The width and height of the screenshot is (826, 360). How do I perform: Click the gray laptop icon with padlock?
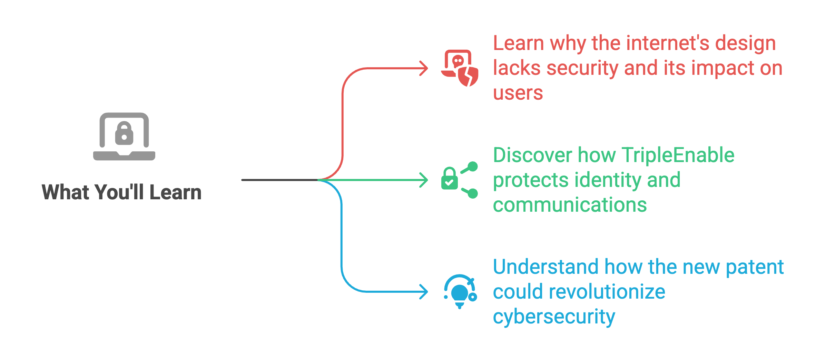[124, 137]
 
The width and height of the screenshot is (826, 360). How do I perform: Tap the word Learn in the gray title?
[176, 192]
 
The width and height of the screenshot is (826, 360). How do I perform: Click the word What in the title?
[66, 192]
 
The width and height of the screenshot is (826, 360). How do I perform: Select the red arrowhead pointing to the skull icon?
[424, 68]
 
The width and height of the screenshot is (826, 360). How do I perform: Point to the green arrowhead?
[424, 180]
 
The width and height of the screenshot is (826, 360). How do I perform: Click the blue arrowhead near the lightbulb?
[424, 292]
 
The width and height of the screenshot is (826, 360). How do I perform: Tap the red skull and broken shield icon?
[460, 68]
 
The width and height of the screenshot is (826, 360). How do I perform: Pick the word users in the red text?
[518, 93]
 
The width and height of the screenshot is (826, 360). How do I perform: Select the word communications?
[570, 205]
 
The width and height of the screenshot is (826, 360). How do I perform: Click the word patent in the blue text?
[755, 267]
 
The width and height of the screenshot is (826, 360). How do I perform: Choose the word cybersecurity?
[554, 317]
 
